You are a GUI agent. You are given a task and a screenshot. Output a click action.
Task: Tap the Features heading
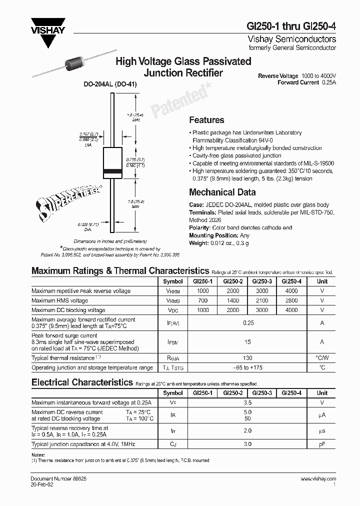(206, 120)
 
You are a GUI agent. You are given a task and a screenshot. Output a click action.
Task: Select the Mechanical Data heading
(222, 192)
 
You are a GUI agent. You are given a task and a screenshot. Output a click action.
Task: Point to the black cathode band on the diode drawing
(112, 172)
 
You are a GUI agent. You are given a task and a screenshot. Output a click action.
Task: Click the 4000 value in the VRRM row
(291, 291)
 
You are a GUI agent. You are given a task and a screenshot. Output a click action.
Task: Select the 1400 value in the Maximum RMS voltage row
(232, 300)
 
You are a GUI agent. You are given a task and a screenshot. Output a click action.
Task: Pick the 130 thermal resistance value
(247, 358)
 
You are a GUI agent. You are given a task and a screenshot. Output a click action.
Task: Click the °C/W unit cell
(322, 358)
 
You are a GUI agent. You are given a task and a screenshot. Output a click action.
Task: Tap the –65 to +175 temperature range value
(247, 367)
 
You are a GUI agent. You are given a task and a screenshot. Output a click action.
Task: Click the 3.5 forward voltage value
(247, 402)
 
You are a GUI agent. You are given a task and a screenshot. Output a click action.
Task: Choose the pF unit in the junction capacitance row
(322, 444)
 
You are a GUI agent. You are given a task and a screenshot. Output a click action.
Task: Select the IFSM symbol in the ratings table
(173, 342)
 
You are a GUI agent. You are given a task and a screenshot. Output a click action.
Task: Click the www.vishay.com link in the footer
(318, 479)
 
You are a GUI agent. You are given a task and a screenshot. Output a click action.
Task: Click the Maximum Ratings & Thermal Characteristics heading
(120, 271)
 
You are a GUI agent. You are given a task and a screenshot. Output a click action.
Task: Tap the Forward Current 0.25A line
(306, 82)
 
